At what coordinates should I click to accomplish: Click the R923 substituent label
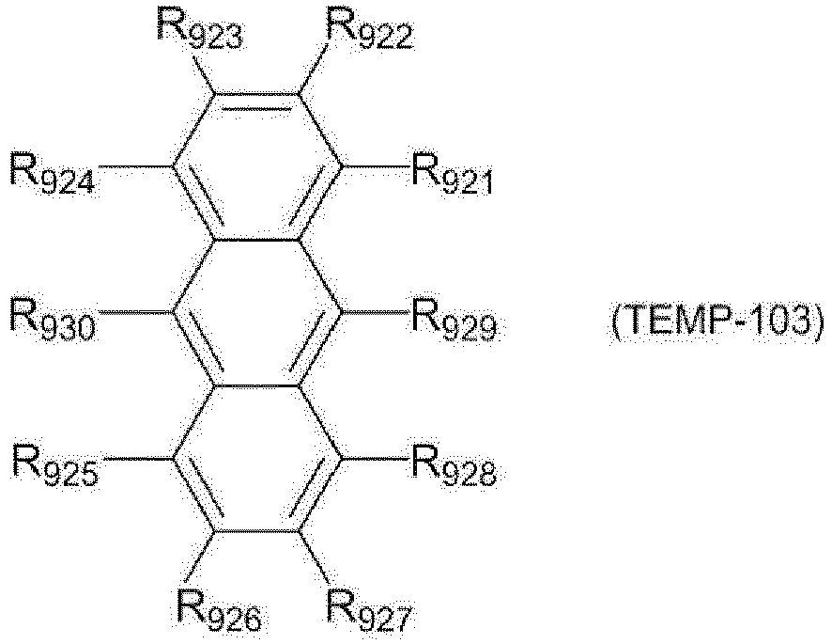point(199,27)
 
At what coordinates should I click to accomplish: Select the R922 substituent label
point(369,27)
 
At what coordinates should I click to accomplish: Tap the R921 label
point(453,174)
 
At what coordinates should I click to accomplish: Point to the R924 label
point(53,173)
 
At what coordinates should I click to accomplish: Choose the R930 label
point(53,319)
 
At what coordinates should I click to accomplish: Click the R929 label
point(455,319)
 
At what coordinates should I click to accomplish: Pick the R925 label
point(55,465)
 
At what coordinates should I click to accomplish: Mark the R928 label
point(455,465)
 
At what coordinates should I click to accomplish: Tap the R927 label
point(369,611)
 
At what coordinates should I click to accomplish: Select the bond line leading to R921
point(375,166)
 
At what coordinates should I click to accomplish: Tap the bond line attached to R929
point(375,312)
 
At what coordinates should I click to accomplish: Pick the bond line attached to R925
point(139,458)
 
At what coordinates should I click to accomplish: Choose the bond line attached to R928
point(375,458)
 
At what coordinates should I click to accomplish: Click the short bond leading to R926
point(202,554)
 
